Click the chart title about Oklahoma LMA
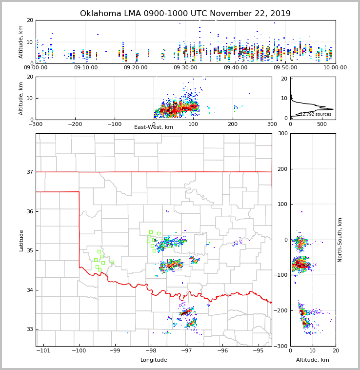(x=185, y=14)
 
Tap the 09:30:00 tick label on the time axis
(x=186, y=68)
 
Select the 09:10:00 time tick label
(x=86, y=68)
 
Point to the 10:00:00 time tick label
(x=335, y=68)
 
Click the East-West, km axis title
(x=154, y=127)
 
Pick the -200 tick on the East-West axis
(x=75, y=124)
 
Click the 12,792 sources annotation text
(x=316, y=114)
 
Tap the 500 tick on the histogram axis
(x=322, y=124)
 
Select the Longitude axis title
(x=154, y=360)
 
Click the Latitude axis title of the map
(x=21, y=240)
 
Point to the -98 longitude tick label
(x=151, y=351)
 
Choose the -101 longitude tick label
(x=43, y=351)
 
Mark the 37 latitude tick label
(x=29, y=172)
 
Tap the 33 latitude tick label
(x=29, y=329)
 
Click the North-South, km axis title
(x=340, y=240)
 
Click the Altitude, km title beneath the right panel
(x=313, y=360)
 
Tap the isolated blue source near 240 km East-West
(x=250, y=93)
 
